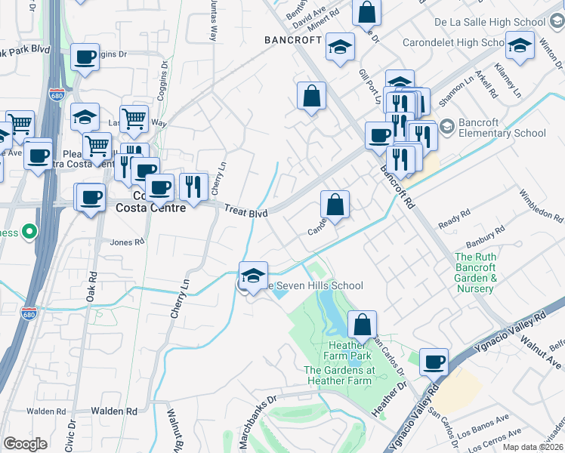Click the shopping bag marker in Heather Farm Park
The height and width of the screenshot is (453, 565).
[363, 325]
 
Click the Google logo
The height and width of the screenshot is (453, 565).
[25, 444]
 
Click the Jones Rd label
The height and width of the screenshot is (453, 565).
[126, 242]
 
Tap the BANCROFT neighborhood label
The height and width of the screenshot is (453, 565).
[293, 39]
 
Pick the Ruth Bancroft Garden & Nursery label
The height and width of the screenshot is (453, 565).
[476, 273]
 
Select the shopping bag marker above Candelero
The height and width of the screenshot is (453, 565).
[335, 204]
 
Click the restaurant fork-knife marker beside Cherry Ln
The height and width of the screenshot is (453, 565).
[193, 186]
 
